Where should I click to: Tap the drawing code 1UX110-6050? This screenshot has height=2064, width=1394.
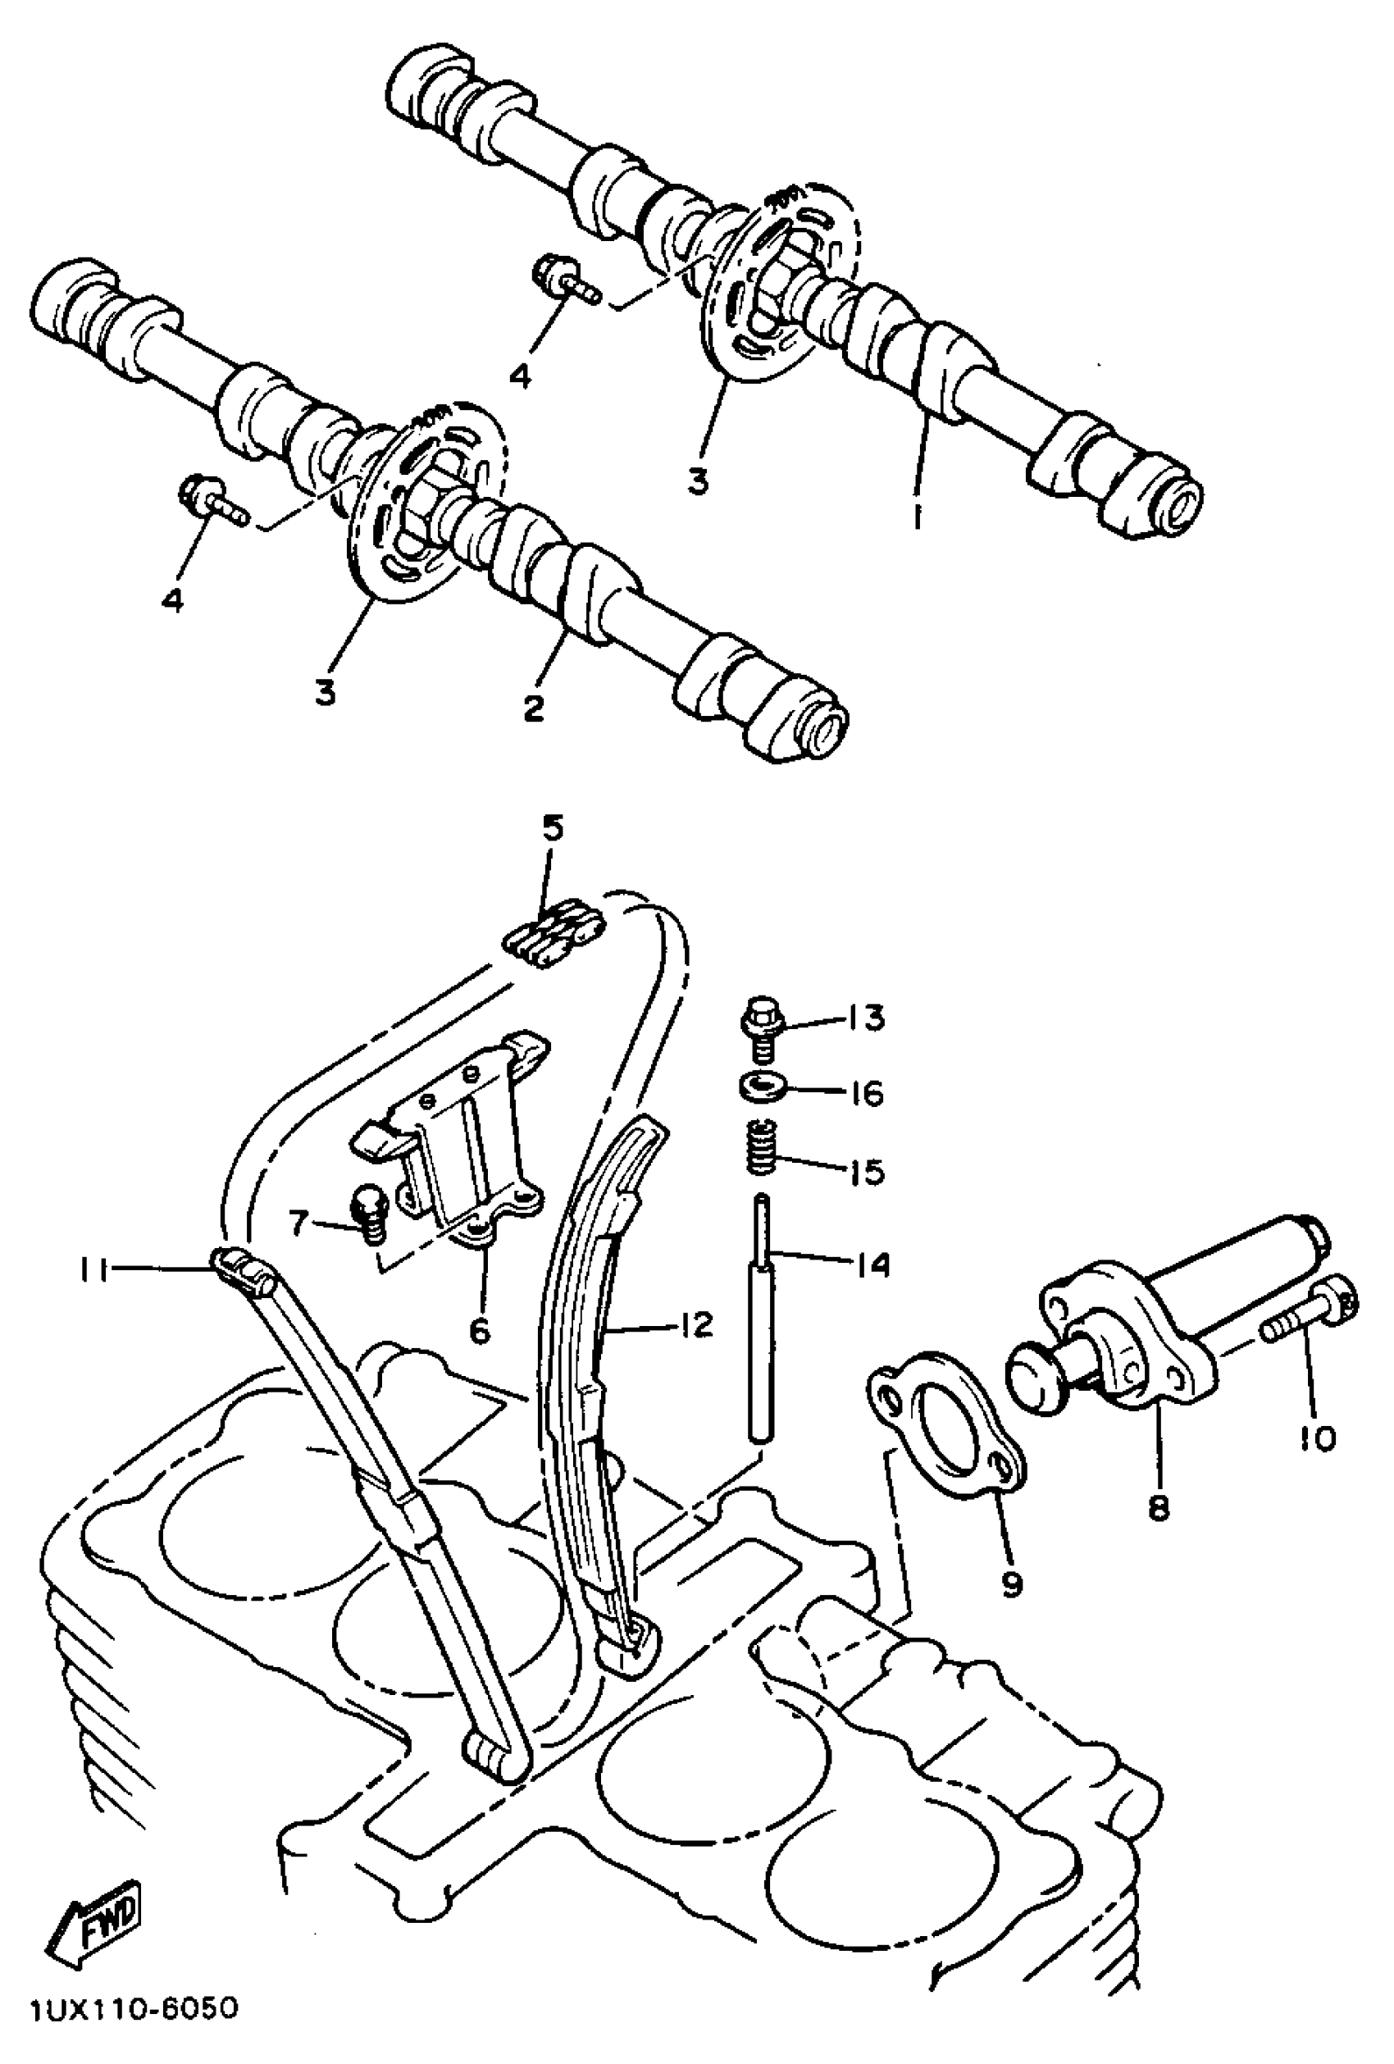coord(133,2034)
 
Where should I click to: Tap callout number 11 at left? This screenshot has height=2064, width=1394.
coord(92,1272)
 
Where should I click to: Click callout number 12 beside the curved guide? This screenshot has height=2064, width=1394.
coord(696,1325)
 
